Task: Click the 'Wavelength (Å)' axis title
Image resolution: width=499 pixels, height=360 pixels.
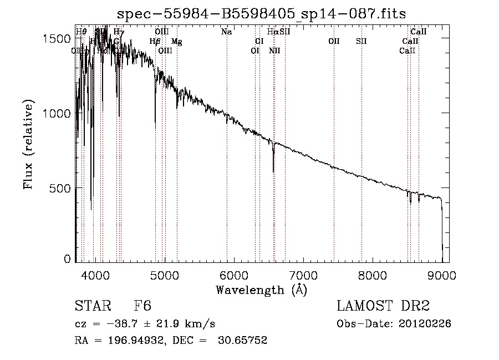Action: pyautogui.click(x=261, y=290)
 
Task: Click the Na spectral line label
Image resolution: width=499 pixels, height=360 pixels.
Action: pyautogui.click(x=226, y=32)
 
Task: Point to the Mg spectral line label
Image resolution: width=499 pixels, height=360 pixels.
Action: pyautogui.click(x=176, y=42)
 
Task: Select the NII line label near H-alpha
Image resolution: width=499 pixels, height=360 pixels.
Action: pyautogui.click(x=274, y=50)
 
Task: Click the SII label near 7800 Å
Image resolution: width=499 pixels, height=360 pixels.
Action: pyautogui.click(x=361, y=42)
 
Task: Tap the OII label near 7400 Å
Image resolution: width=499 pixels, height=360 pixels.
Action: pyautogui.click(x=334, y=42)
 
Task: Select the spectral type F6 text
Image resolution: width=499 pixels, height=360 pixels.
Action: pyautogui.click(x=142, y=306)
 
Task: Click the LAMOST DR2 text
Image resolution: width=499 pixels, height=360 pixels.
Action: pyautogui.click(x=383, y=306)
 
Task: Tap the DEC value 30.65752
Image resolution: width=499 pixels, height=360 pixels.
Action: pyautogui.click(x=244, y=341)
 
